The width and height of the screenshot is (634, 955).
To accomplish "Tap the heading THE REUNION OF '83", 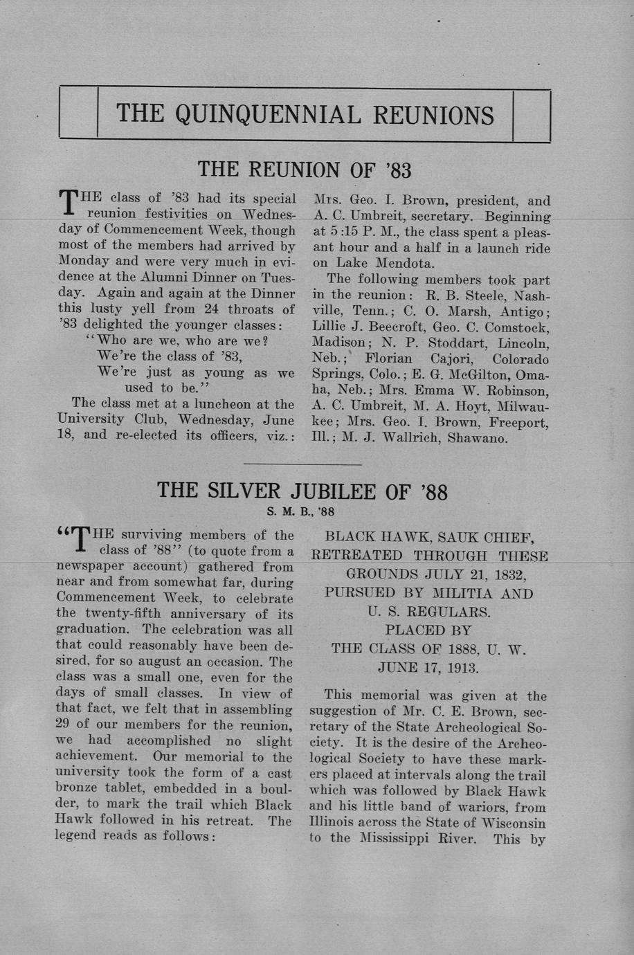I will point(305,170).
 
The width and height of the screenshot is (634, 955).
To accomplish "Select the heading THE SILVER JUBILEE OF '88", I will point(302,491).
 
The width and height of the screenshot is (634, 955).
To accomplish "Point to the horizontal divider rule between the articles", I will point(302,464).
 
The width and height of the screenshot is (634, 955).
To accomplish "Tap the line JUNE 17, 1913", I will point(428,668).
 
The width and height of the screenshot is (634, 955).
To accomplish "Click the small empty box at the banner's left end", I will point(78,114).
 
